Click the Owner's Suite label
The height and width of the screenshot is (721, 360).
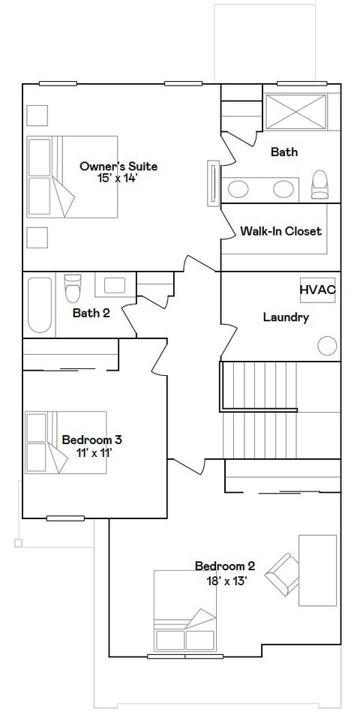(118, 166)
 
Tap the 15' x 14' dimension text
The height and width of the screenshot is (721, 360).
(118, 179)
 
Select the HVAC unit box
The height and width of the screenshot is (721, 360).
(318, 290)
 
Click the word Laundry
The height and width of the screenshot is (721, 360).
(286, 317)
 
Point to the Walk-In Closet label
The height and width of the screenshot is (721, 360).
(280, 231)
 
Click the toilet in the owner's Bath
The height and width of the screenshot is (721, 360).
(319, 185)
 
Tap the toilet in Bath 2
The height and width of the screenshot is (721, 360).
(73, 288)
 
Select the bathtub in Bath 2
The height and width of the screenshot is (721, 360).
(40, 305)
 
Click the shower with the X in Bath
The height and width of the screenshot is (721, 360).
(296, 112)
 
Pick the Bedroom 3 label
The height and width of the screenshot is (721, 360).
(92, 440)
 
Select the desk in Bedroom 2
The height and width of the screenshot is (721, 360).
(318, 570)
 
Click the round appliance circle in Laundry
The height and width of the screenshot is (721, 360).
(327, 346)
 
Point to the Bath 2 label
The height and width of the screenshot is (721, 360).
(91, 313)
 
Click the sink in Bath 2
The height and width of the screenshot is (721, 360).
(115, 286)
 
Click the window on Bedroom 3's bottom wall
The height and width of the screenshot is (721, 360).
(65, 518)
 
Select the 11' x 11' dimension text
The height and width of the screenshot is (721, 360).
(94, 453)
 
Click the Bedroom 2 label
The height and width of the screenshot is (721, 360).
(225, 566)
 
